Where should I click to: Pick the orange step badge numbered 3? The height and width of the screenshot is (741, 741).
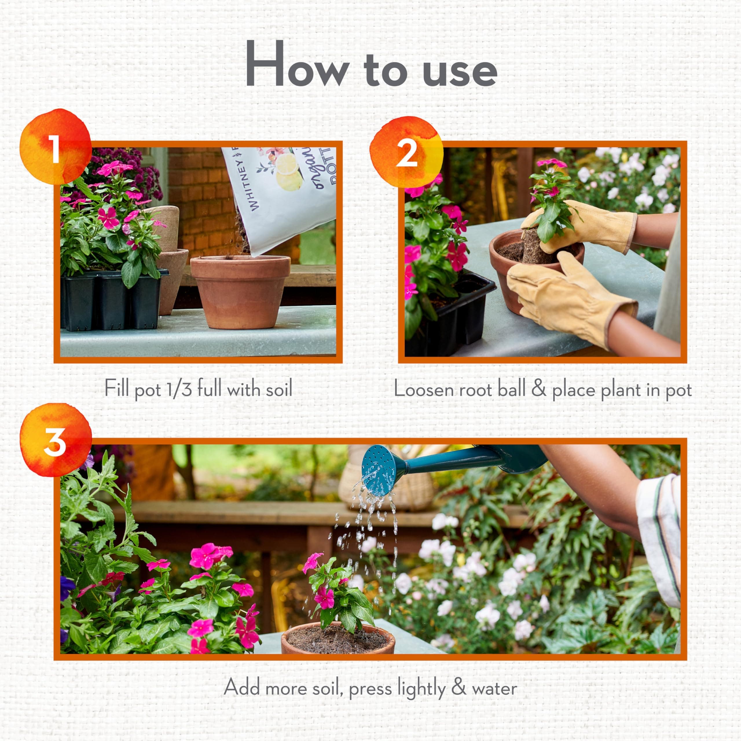tap(56, 441)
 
